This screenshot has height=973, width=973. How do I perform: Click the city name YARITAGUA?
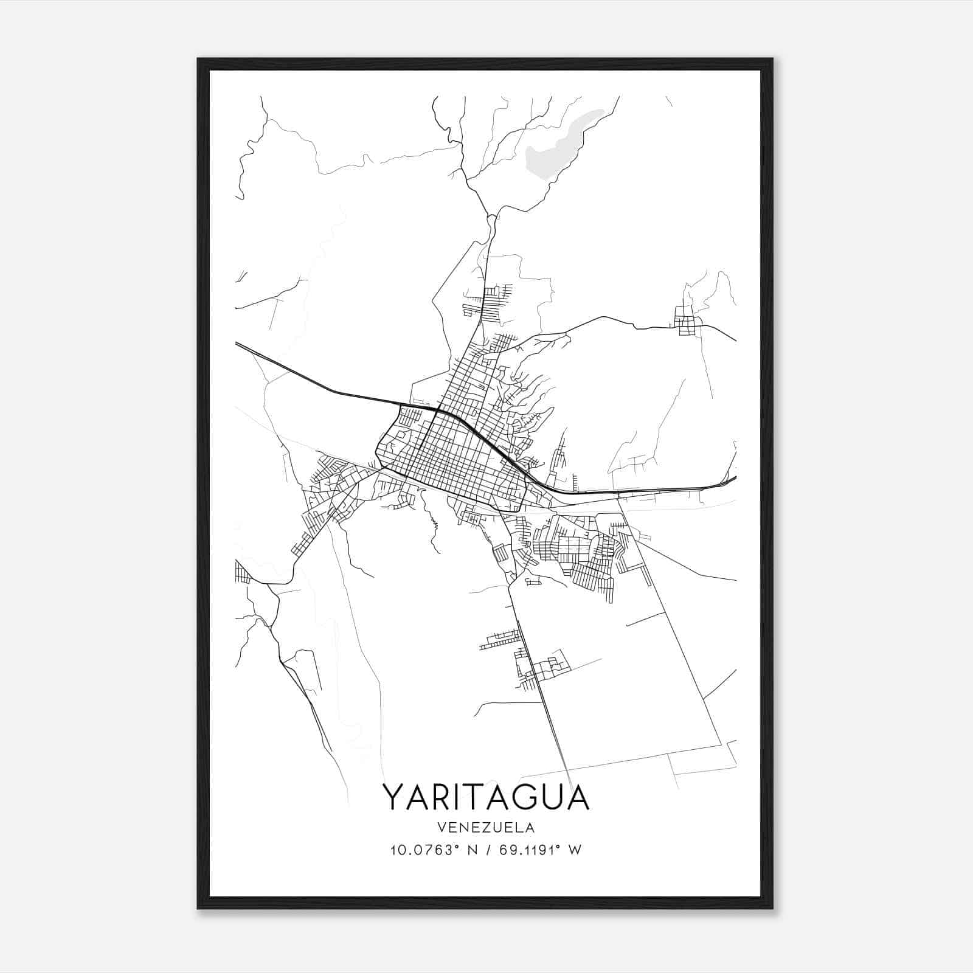point(486,797)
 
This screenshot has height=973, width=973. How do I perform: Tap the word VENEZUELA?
point(486,828)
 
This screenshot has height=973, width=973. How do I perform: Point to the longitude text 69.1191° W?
point(540,850)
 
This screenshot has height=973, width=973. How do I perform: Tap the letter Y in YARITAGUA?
point(393,797)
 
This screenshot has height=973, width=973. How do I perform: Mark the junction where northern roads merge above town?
point(490,216)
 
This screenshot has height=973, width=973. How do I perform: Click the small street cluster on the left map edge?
point(241,572)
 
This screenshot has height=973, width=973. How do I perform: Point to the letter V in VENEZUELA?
point(440,828)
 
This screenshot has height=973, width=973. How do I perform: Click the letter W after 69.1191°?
point(575,850)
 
